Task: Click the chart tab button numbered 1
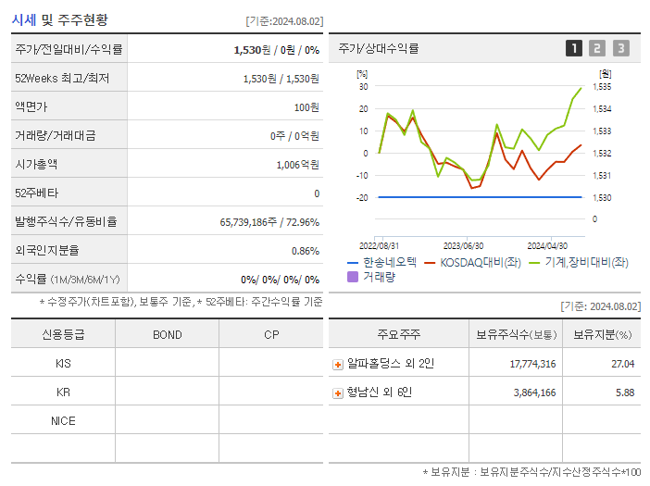point(574,48)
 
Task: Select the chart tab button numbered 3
point(620,48)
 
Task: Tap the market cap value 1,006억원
point(297,164)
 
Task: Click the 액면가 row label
point(32,106)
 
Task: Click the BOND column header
point(167,334)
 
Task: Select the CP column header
point(271,334)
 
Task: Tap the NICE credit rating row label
point(63,420)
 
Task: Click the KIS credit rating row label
point(63,363)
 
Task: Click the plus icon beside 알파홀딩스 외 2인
point(338,364)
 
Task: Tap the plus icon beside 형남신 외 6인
point(338,393)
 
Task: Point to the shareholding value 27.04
point(623,364)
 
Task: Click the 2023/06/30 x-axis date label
point(463,245)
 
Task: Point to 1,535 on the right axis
point(601,87)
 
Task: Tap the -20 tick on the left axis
point(362,197)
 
